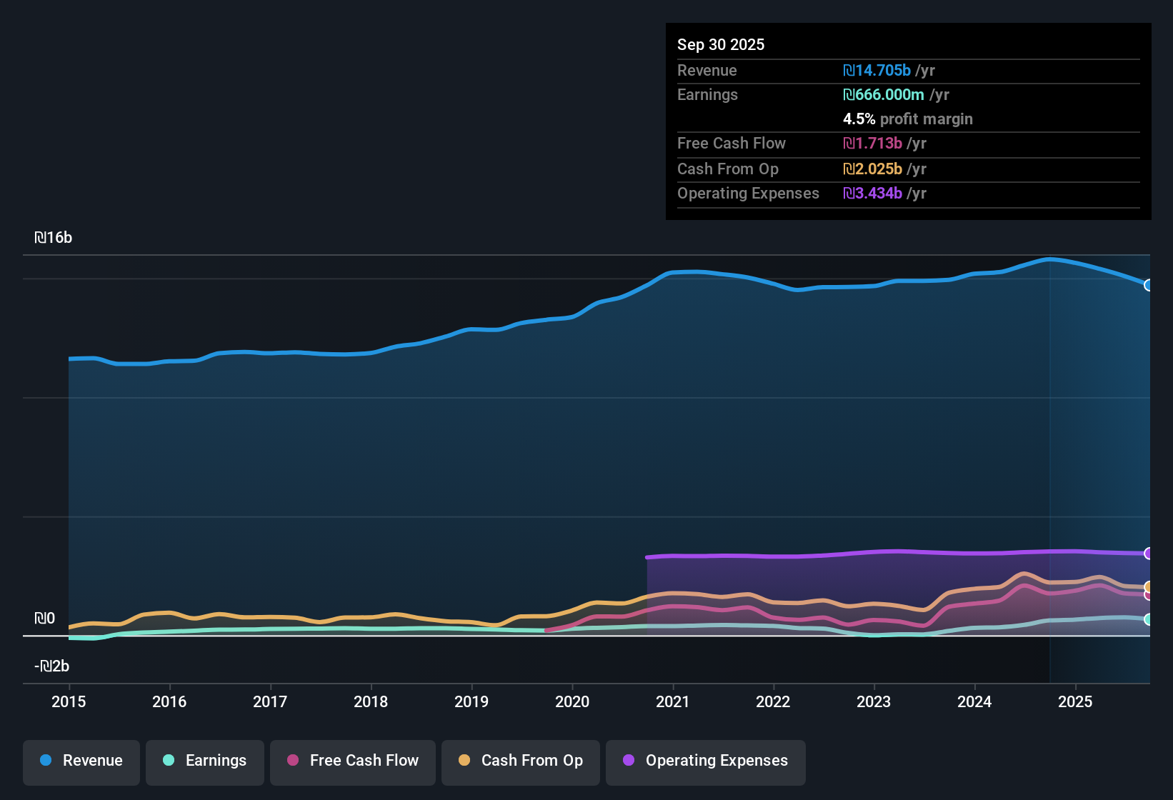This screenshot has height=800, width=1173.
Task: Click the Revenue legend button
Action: (x=81, y=761)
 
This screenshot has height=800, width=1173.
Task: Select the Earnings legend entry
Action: (x=205, y=761)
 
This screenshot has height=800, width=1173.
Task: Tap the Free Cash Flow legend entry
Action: (x=353, y=761)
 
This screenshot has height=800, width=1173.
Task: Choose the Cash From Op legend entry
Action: (x=521, y=761)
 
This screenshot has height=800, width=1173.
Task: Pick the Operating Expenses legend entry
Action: (x=706, y=761)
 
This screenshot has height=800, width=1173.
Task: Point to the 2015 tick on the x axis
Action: (x=69, y=701)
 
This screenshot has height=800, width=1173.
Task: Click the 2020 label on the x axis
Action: (x=572, y=701)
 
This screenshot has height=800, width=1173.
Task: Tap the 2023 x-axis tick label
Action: (x=874, y=701)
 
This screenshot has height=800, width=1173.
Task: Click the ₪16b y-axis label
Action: (x=54, y=238)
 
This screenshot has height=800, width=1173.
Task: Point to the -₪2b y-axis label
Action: (x=52, y=666)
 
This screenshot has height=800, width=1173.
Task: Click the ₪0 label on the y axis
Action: (x=45, y=619)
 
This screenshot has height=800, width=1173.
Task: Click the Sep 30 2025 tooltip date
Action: (x=721, y=45)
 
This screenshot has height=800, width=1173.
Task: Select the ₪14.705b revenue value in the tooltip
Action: (x=877, y=71)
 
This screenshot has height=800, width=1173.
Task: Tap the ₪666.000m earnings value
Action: (x=884, y=95)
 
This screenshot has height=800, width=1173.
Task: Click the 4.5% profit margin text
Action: (x=907, y=119)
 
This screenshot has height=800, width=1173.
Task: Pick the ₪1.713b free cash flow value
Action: (x=872, y=144)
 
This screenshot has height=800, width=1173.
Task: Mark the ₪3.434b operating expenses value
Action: (x=872, y=194)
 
